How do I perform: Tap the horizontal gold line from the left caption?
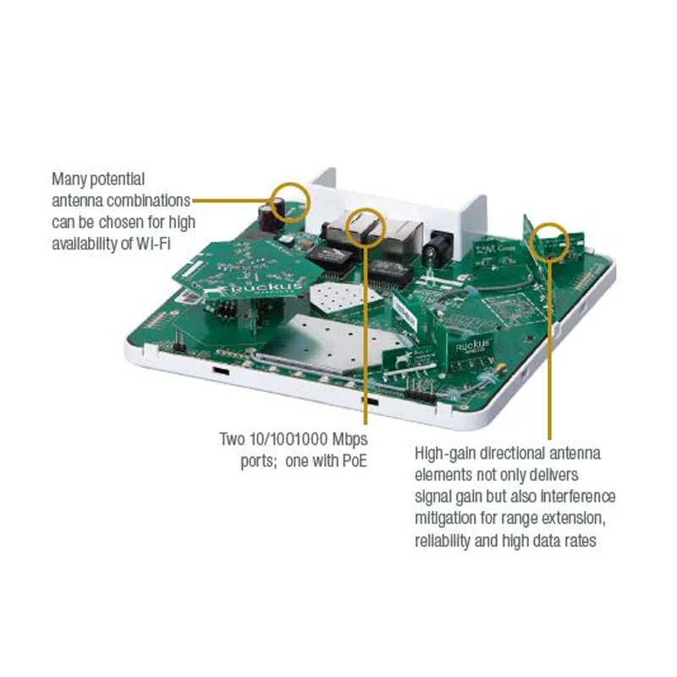pos(228,201)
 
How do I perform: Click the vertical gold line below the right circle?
pos(553,338)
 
